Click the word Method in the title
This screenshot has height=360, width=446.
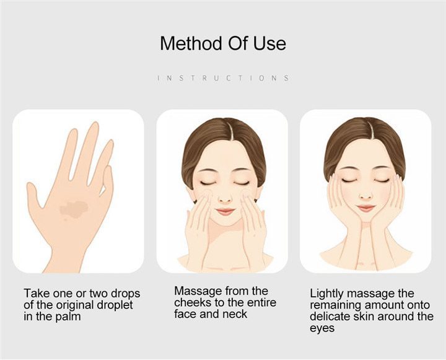[191, 43]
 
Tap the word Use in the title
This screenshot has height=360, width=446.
[269, 43]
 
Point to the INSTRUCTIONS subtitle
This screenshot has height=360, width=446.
[223, 77]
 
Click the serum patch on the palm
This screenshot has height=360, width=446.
[74, 209]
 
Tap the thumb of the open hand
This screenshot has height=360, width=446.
[35, 196]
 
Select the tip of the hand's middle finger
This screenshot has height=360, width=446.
[94, 125]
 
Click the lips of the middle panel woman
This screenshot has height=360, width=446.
[225, 211]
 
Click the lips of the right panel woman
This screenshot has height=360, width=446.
[366, 208]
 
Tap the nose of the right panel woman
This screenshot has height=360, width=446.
[366, 195]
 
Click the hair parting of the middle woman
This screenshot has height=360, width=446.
[230, 131]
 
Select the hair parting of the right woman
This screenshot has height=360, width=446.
[371, 130]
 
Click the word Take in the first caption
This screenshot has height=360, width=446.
[37, 293]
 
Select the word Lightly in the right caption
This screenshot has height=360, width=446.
[327, 294]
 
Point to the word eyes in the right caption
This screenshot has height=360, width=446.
[322, 328]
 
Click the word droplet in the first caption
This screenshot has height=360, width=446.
[115, 305]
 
